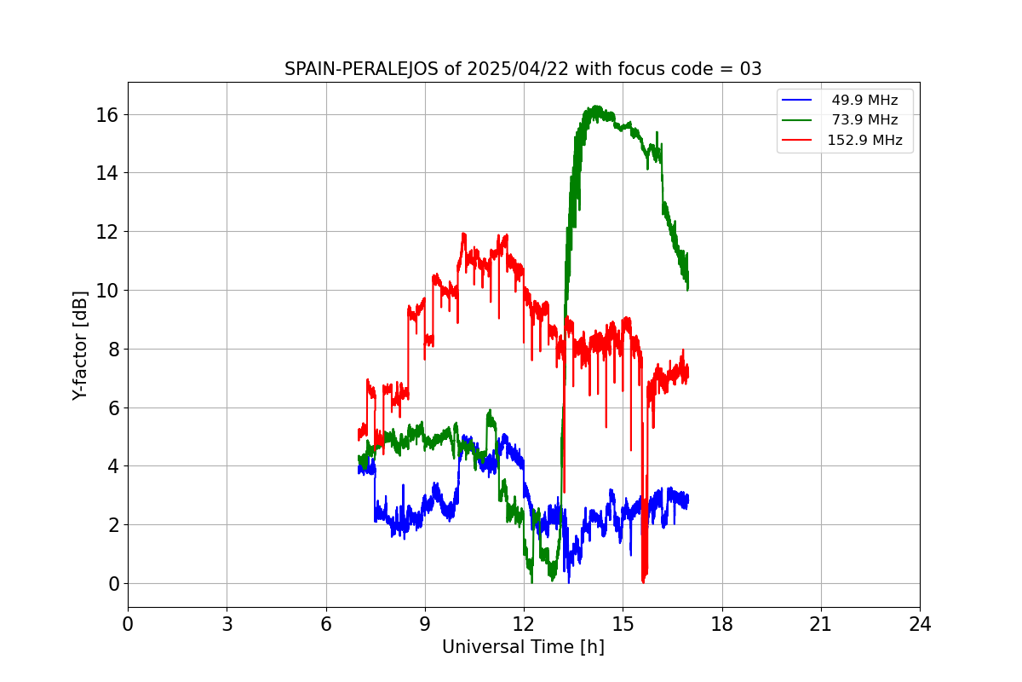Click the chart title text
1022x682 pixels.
(523, 69)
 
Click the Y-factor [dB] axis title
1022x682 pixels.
(80, 345)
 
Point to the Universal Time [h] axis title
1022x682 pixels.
(523, 647)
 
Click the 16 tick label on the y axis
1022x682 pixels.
(109, 114)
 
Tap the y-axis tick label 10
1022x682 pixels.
(109, 291)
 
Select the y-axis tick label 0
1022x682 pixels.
(114, 584)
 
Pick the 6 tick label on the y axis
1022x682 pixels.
(114, 407)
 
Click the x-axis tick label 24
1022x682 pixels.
(920, 624)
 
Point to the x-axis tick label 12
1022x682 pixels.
(524, 624)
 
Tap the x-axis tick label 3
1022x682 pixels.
(227, 624)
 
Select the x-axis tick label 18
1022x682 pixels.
(722, 624)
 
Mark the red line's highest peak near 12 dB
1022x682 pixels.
(463, 234)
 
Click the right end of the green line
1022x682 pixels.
(687, 288)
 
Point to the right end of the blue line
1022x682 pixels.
(687, 501)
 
